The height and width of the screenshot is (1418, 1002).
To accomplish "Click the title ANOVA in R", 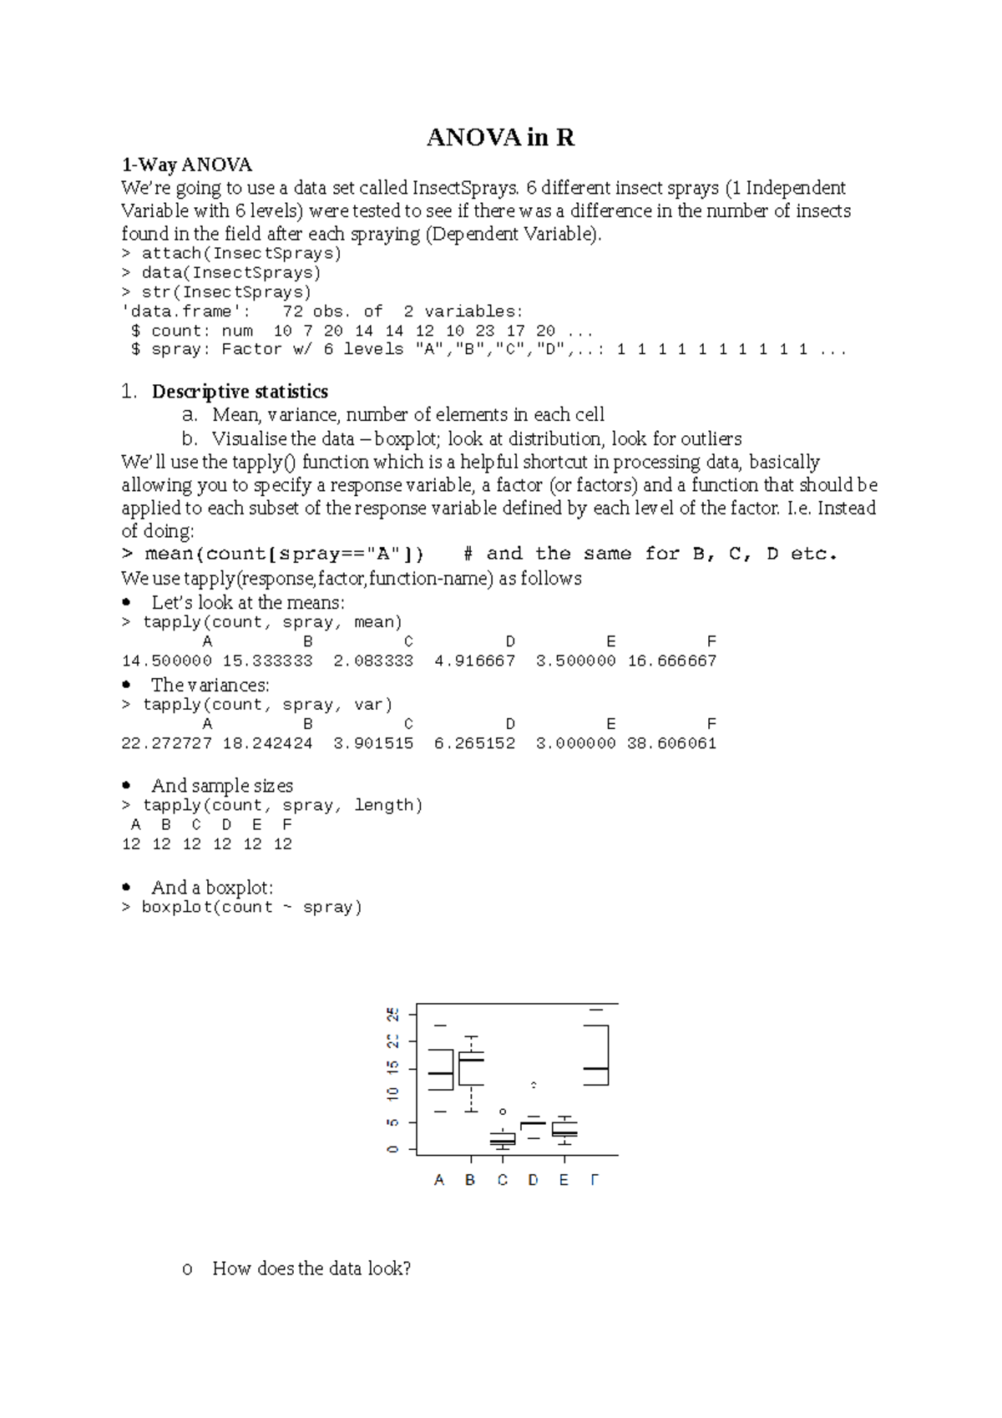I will click(x=500, y=138).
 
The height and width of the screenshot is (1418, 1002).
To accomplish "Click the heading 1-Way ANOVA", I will click(x=186, y=165).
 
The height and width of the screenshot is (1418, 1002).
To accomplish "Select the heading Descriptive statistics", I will click(x=240, y=392).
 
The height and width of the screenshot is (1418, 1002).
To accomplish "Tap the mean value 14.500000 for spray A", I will click(x=167, y=661).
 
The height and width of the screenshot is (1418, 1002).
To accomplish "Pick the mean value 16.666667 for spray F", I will click(x=672, y=661).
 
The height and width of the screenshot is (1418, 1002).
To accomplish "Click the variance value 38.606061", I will click(x=672, y=743).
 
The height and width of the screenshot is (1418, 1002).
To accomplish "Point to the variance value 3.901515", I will click(x=373, y=743).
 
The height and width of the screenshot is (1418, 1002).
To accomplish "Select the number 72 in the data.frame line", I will click(x=292, y=311).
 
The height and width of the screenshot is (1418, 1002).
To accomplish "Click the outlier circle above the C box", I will click(x=503, y=1112).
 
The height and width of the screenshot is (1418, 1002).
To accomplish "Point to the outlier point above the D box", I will click(x=534, y=1085).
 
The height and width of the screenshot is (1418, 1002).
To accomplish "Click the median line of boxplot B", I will click(x=472, y=1060).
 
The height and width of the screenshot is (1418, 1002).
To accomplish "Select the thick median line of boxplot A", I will click(x=441, y=1073).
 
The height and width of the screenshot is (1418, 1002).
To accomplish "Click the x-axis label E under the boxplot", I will click(x=564, y=1180).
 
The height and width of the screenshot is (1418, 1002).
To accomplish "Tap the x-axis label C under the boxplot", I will click(x=503, y=1180).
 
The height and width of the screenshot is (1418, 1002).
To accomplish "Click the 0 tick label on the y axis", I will click(x=392, y=1149).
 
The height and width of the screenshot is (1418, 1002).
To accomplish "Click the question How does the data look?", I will click(x=311, y=1269).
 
